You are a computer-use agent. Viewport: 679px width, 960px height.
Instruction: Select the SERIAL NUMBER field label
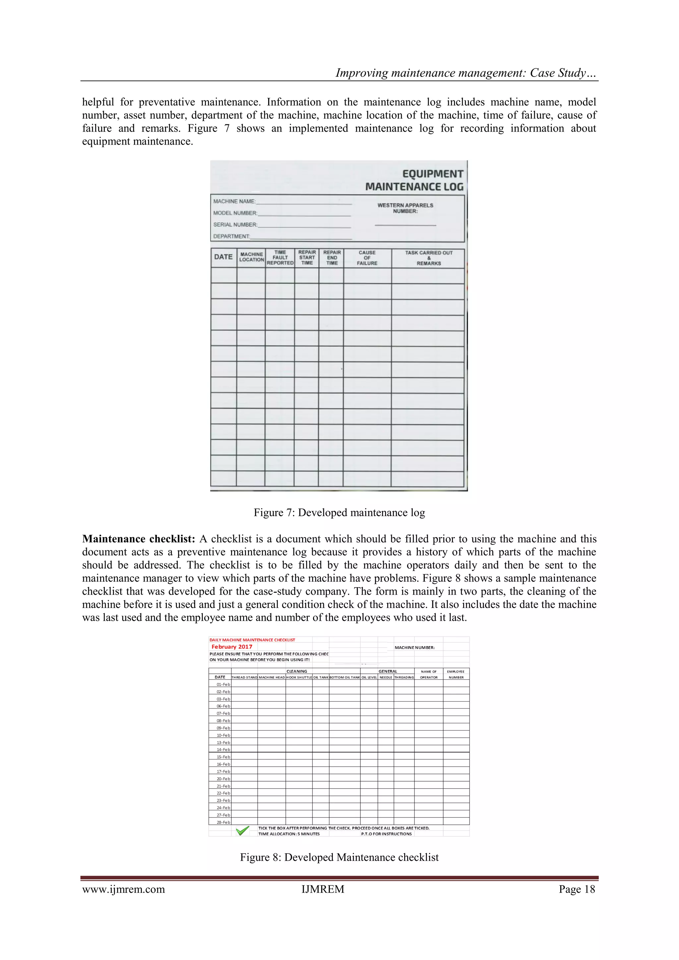pos(235,224)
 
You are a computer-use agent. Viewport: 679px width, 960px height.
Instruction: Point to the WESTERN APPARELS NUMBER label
pos(405,208)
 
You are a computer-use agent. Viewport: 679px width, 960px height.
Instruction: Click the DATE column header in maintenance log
pos(223,257)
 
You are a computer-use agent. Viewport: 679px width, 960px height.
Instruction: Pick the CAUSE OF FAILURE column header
pos(367,258)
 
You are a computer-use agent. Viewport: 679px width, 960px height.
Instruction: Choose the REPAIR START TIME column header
pos(307,258)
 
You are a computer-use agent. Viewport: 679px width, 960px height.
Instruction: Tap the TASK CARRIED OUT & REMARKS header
pos(429,258)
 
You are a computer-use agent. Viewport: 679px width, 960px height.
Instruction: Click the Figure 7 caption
pos(339,513)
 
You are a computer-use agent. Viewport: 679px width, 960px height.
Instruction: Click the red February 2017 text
pos(232,647)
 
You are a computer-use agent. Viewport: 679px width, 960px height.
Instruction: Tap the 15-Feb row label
pos(223,757)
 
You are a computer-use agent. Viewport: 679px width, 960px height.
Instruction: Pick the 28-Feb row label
pos(223,822)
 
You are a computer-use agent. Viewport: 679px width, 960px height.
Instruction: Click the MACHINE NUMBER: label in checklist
pos(414,648)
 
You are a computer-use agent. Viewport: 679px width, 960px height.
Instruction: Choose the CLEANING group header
pos(296,671)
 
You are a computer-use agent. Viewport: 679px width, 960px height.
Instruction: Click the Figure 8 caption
pos(339,858)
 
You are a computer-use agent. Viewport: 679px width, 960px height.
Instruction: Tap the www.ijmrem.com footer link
pos(123,889)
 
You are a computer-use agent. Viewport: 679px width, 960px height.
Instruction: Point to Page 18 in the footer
pos(577,889)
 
